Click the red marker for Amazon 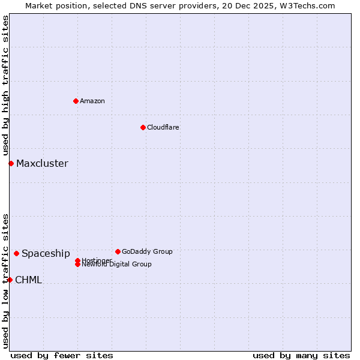(x=76, y=101)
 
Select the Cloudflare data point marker (x=143, y=127)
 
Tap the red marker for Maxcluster (x=11, y=163)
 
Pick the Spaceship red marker (x=16, y=253)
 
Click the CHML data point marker (x=10, y=280)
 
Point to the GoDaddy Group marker (x=118, y=251)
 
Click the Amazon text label (x=92, y=101)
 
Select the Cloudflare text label (x=163, y=127)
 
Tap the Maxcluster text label (x=42, y=163)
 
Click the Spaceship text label (x=46, y=253)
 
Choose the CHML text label (x=28, y=280)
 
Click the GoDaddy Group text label (x=147, y=251)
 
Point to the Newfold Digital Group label (x=117, y=265)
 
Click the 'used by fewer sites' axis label (x=62, y=355)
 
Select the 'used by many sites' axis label (x=301, y=355)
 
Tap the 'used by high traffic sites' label (x=6, y=86)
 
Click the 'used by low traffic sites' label (x=6, y=281)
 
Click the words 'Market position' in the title (x=55, y=5)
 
